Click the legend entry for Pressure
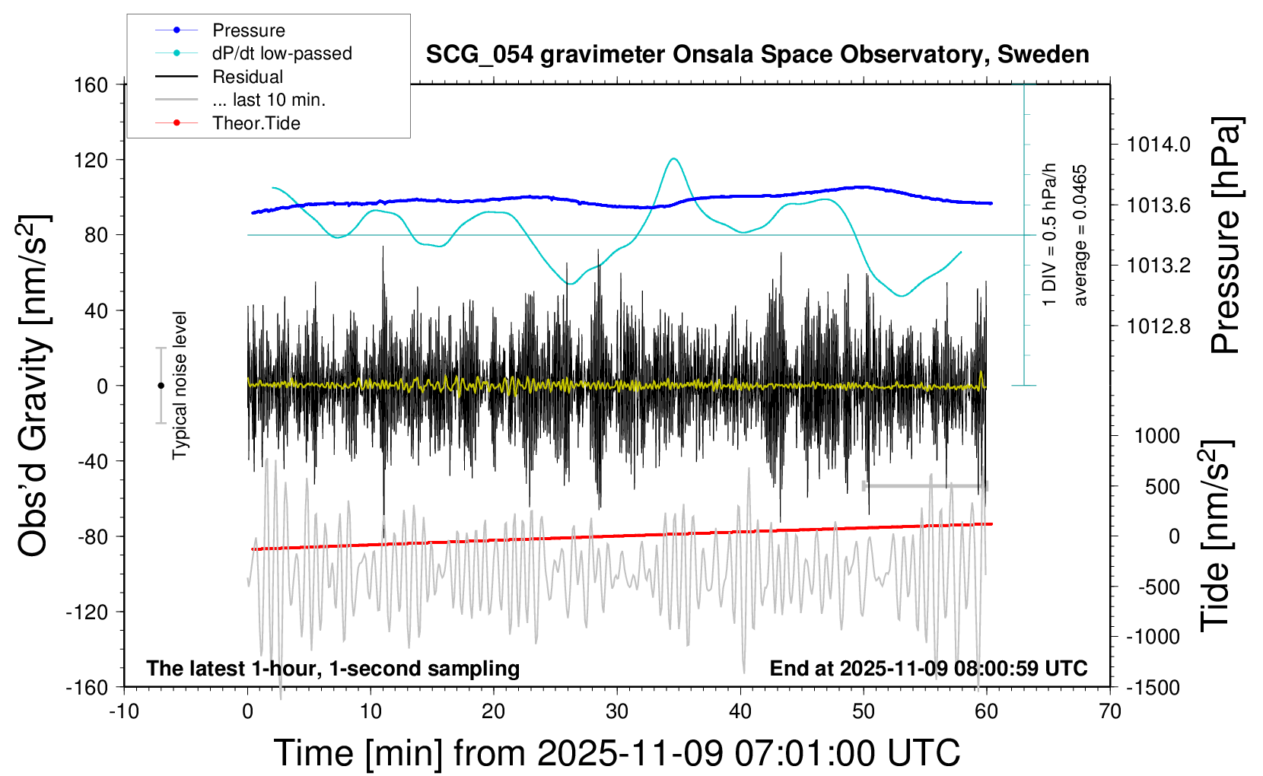coord(248,30)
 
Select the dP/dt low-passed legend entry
coord(282,53)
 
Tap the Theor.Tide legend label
coord(256,123)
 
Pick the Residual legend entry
coord(247,77)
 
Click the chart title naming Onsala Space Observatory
coord(757,55)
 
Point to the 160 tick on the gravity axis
coord(91,84)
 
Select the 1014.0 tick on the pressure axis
coord(1159,145)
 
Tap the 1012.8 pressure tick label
coord(1159,326)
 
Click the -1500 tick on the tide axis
coord(1152,687)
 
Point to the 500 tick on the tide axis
coord(1163,486)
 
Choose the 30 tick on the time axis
coord(617,711)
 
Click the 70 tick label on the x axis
coord(1110,711)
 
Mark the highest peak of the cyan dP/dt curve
coord(673,158)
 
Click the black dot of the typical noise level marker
coord(161,386)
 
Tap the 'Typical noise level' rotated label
coord(180,385)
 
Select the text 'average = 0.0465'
coord(1080,236)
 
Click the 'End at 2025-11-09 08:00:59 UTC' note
coord(928,668)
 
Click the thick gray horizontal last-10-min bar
coord(924,485)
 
